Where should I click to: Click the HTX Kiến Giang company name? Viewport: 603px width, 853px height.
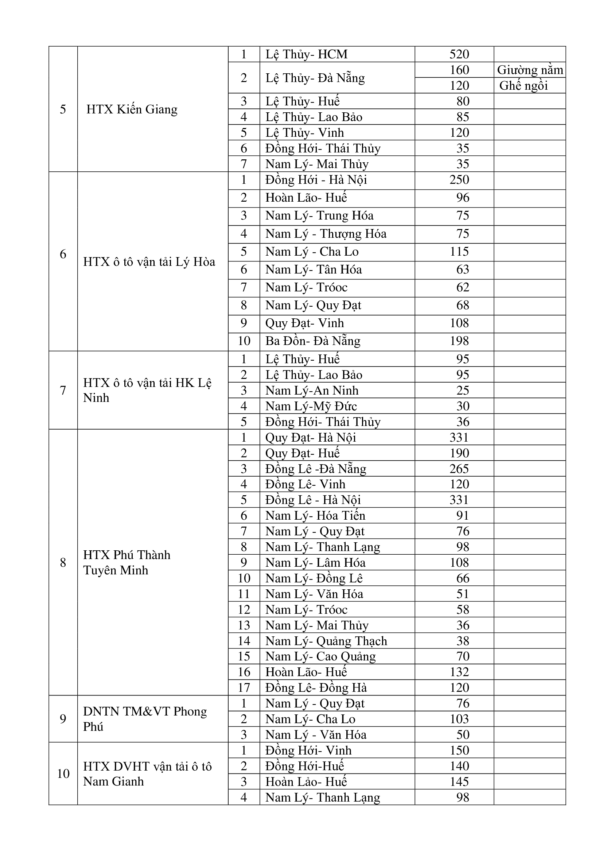coord(132,109)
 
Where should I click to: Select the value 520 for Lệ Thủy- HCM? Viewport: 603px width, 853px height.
coord(459,54)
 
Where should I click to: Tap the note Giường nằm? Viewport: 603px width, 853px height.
coord(530,70)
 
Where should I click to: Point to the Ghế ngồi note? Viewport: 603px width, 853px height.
coord(524,86)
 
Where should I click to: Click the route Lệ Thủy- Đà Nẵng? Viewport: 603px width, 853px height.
coord(315,78)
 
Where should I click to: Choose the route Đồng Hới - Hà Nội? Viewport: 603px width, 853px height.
coord(316,180)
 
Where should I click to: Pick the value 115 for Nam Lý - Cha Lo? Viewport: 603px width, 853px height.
coord(459,252)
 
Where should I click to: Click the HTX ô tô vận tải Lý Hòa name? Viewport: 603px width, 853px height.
coord(149,262)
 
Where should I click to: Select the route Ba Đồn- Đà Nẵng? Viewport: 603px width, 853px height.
coord(313,341)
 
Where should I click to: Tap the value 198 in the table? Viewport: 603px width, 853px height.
coord(459,341)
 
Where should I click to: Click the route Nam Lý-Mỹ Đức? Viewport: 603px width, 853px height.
coord(311,406)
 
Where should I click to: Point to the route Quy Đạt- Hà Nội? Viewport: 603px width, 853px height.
coord(310,438)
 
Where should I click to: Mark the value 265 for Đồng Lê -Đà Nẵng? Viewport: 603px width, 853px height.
coord(459,469)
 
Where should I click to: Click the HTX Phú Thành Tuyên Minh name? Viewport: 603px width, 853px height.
coord(127,562)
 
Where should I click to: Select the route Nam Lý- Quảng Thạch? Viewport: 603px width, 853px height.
coord(326,641)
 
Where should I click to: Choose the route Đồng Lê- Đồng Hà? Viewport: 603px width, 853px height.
coord(316,688)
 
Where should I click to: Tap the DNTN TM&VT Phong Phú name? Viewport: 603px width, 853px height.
coord(145,719)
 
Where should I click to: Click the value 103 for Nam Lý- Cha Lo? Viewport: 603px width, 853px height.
coord(459,719)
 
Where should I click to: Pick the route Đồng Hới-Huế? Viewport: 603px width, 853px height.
coord(304,766)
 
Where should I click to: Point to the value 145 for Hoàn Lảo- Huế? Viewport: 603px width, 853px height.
coord(459,782)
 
